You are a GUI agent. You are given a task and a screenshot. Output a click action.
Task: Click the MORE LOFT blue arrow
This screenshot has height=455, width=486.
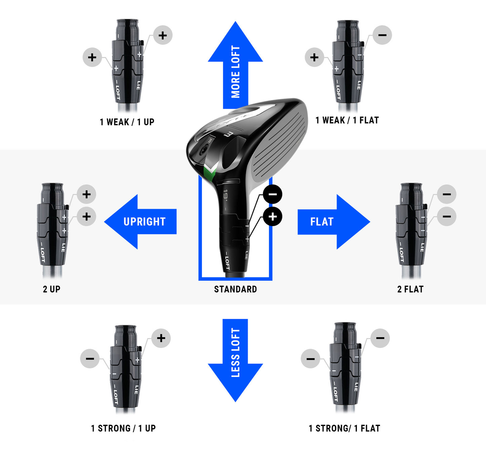click(x=235, y=67)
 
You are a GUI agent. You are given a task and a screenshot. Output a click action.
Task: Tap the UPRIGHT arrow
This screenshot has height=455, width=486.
click(x=141, y=221)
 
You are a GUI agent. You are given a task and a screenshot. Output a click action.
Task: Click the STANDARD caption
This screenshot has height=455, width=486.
click(x=235, y=289)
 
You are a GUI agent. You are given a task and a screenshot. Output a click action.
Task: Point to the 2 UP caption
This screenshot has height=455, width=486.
click(x=51, y=289)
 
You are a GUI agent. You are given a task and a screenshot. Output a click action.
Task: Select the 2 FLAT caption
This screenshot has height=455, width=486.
click(x=410, y=289)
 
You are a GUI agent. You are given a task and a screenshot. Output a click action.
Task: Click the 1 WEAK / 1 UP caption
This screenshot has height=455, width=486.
click(x=127, y=122)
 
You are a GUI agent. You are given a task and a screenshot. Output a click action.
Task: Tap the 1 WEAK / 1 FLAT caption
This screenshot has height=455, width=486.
click(x=347, y=120)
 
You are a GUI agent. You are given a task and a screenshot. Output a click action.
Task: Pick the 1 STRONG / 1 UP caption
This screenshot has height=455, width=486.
click(x=123, y=428)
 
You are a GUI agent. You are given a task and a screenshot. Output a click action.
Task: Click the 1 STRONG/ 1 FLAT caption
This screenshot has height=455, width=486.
click(x=344, y=428)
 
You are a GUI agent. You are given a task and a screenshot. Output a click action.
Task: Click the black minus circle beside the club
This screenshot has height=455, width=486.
click(x=272, y=194)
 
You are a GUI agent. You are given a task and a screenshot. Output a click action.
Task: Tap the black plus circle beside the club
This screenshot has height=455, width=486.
click(x=272, y=216)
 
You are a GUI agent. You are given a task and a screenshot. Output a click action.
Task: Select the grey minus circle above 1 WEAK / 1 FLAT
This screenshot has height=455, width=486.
click(x=382, y=35)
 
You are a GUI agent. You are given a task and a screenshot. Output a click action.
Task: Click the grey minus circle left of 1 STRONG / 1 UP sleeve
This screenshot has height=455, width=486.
click(x=90, y=358)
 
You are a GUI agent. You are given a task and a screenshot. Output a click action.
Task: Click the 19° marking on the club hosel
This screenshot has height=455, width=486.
click(x=225, y=195)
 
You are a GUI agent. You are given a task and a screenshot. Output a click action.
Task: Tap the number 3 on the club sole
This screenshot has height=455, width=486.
click(x=229, y=135)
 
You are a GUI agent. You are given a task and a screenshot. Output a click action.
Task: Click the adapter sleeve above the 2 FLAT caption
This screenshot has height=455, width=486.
click(x=411, y=229)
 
